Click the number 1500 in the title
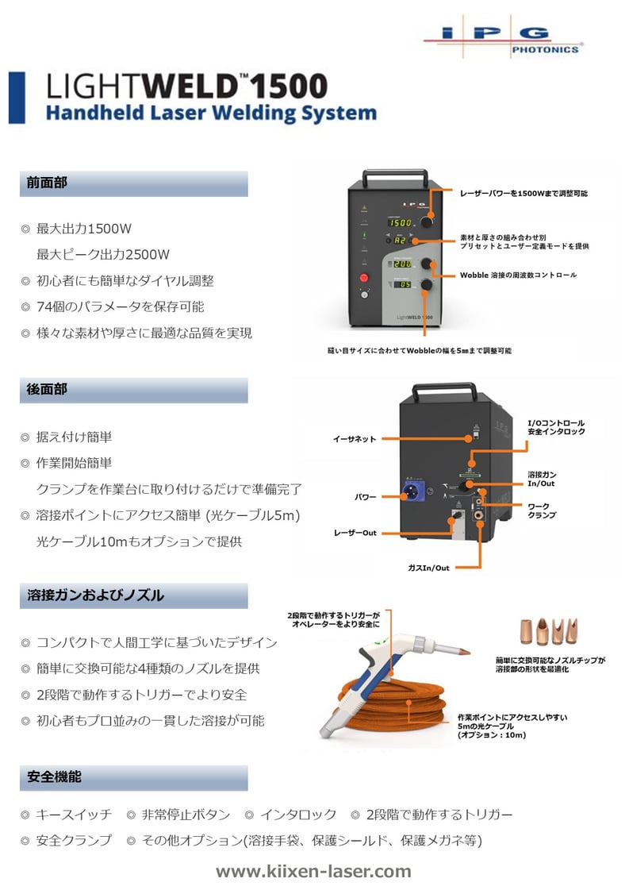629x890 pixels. pos(290,87)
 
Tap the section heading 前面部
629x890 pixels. pos(47,183)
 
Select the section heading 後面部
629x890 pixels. pos(47,389)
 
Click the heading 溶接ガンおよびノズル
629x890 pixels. pos(95,595)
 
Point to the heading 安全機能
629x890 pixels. pos(54,777)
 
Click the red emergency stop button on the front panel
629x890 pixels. pos(364,278)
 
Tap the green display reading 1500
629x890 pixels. pos(401,223)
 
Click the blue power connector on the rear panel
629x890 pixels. pos(413,491)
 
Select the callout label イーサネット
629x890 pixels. pos(355,439)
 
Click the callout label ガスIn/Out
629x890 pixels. pos(428,568)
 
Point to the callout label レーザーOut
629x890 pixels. pos(355,533)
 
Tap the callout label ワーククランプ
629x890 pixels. pos(542,510)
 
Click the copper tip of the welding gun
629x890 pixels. pos(465,651)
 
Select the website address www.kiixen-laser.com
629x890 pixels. pos(313,871)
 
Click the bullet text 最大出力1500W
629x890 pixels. pos(84,229)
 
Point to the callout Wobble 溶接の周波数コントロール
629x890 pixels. pos(519,275)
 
